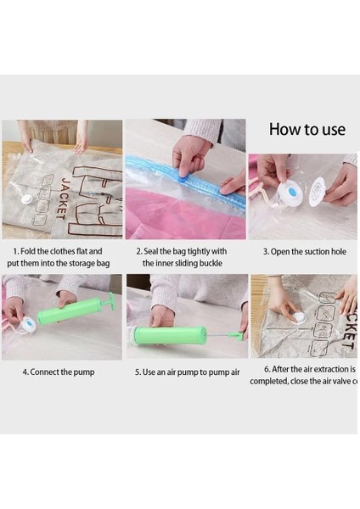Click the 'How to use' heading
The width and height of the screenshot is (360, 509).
307,130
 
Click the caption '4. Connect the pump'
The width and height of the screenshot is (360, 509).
59,372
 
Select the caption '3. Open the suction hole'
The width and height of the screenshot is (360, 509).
303,251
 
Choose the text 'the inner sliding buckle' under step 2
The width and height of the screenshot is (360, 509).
183,263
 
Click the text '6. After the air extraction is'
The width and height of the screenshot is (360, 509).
303,369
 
